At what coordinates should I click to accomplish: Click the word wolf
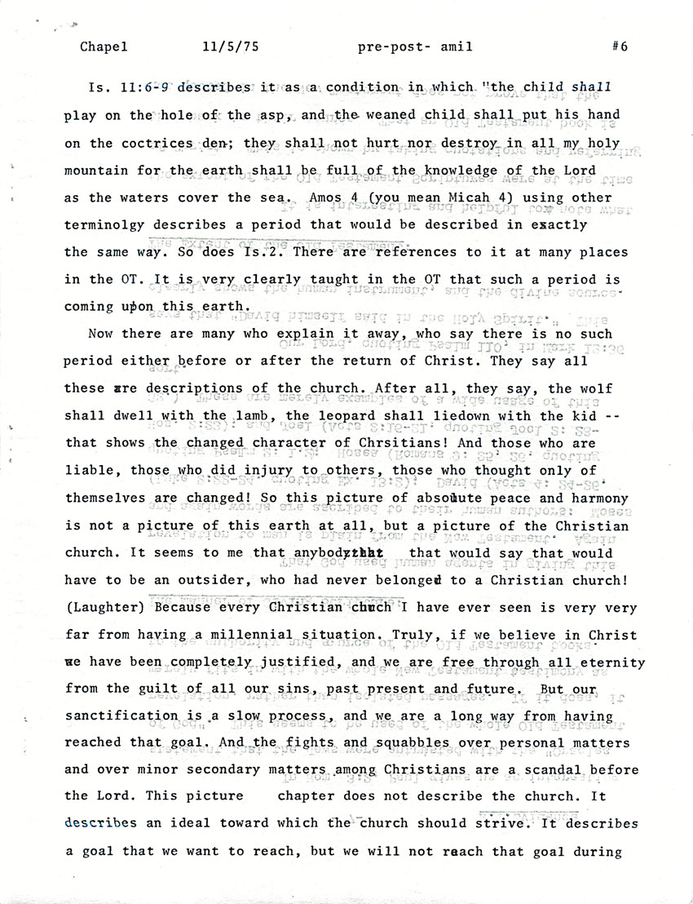[595, 388]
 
